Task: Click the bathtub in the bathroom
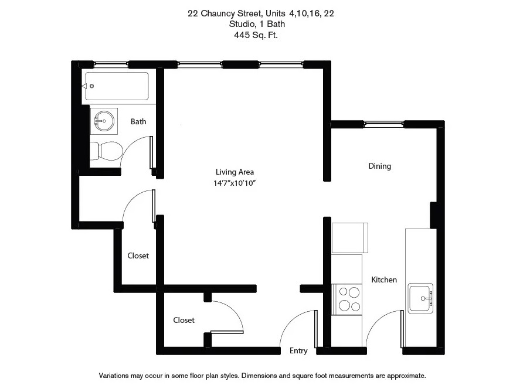click(x=117, y=87)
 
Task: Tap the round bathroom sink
click(x=103, y=121)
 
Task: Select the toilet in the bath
click(x=106, y=151)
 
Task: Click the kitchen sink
click(x=420, y=298)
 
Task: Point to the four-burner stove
click(x=347, y=299)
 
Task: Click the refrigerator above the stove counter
click(x=350, y=237)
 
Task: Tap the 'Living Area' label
click(x=235, y=172)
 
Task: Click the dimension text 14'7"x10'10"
click(x=235, y=183)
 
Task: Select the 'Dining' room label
click(x=379, y=166)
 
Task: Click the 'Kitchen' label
click(x=384, y=280)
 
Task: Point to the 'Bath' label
click(x=138, y=122)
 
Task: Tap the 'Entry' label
click(x=298, y=351)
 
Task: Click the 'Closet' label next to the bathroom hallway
click(x=138, y=255)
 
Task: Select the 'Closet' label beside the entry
click(x=184, y=320)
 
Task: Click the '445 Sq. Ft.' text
click(x=256, y=35)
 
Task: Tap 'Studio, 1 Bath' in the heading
click(x=256, y=25)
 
